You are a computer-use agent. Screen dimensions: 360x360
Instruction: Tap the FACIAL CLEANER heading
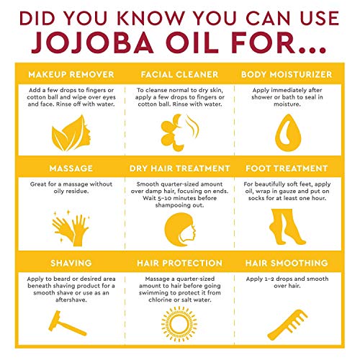pos(180,74)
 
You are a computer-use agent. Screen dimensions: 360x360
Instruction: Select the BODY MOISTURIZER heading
pos(295,74)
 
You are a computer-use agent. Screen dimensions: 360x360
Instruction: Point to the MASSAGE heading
pos(64,168)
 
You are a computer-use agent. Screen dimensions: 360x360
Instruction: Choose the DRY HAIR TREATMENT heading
pos(180,168)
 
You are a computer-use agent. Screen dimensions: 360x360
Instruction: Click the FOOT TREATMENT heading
pos(295,168)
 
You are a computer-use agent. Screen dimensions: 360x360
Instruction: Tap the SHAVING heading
pos(64,263)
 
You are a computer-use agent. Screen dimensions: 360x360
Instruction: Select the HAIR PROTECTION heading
pos(180,263)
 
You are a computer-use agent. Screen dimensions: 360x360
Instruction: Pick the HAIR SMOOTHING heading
pos(295,263)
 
